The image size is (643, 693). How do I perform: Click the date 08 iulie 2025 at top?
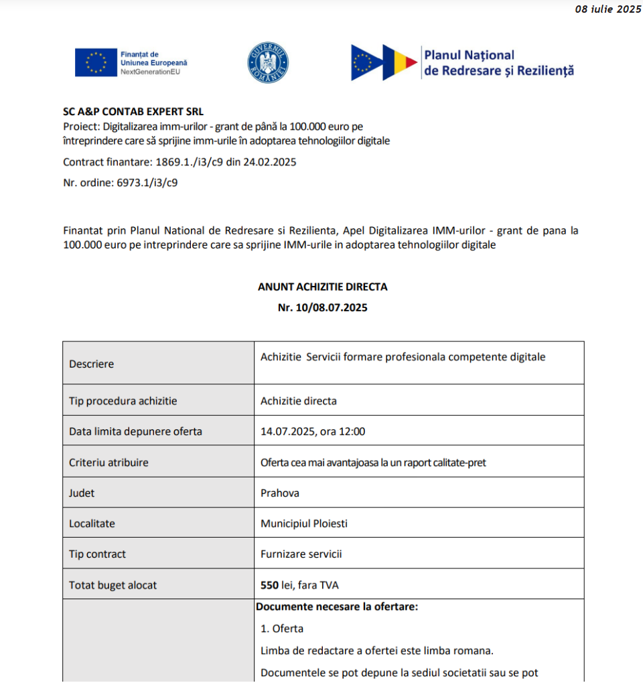608,9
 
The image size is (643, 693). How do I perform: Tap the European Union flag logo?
96,62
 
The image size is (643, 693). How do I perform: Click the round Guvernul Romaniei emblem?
268,62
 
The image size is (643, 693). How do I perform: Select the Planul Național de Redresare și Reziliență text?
498,62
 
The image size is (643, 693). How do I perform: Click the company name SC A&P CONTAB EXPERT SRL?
133,112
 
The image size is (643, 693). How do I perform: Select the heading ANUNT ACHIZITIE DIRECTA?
322,287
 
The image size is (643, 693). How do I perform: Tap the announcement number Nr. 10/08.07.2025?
322,308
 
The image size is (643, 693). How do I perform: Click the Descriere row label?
92,364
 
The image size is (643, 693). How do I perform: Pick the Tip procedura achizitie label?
123,401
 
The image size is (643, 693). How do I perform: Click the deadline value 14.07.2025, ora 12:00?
313,431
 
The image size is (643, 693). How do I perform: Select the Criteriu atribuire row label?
109,462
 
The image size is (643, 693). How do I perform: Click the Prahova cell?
280,493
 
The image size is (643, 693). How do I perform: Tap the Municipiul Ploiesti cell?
304,524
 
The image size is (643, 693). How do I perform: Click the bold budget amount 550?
269,585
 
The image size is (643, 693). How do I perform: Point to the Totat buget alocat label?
113,585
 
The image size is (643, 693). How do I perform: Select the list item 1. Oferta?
282,629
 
